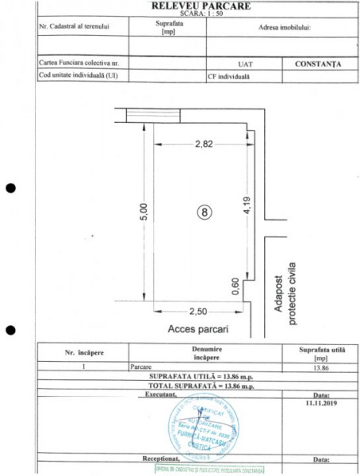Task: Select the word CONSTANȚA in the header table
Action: click(x=316, y=64)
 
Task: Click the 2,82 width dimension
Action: click(x=205, y=144)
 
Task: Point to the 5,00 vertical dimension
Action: click(x=144, y=213)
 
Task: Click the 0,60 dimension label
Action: click(x=236, y=286)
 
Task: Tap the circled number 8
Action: click(x=204, y=212)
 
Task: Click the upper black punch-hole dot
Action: click(x=11, y=188)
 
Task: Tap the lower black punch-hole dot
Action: click(x=11, y=329)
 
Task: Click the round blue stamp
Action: click(x=201, y=424)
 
